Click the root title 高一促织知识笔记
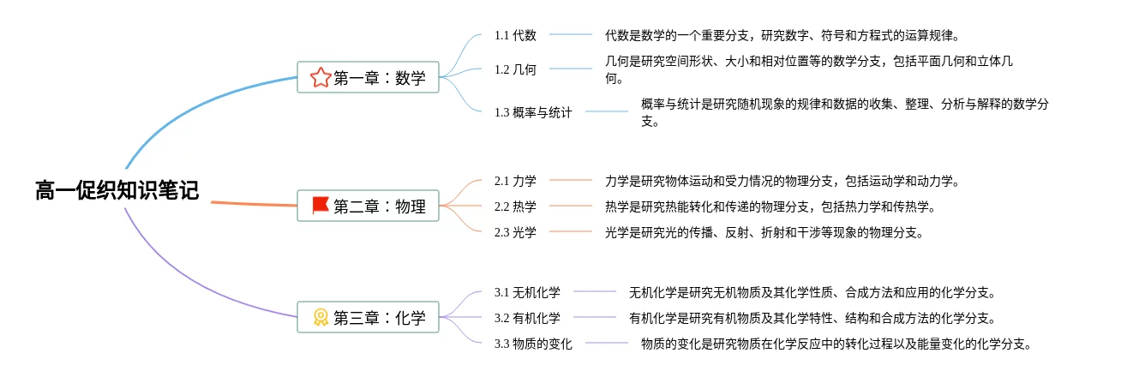point(117,191)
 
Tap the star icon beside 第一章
point(320,78)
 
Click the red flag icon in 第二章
point(320,206)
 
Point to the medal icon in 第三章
point(320,318)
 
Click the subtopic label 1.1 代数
point(516,35)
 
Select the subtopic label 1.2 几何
point(516,69)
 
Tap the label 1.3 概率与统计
point(533,112)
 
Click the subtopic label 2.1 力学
point(516,181)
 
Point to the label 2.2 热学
point(516,206)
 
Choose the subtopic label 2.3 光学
point(516,232)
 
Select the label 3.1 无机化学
point(528,292)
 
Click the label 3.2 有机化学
point(528,318)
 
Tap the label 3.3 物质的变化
point(533,344)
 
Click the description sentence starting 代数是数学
point(781,35)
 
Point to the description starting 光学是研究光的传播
point(764,232)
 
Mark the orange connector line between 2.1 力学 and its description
point(571,181)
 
